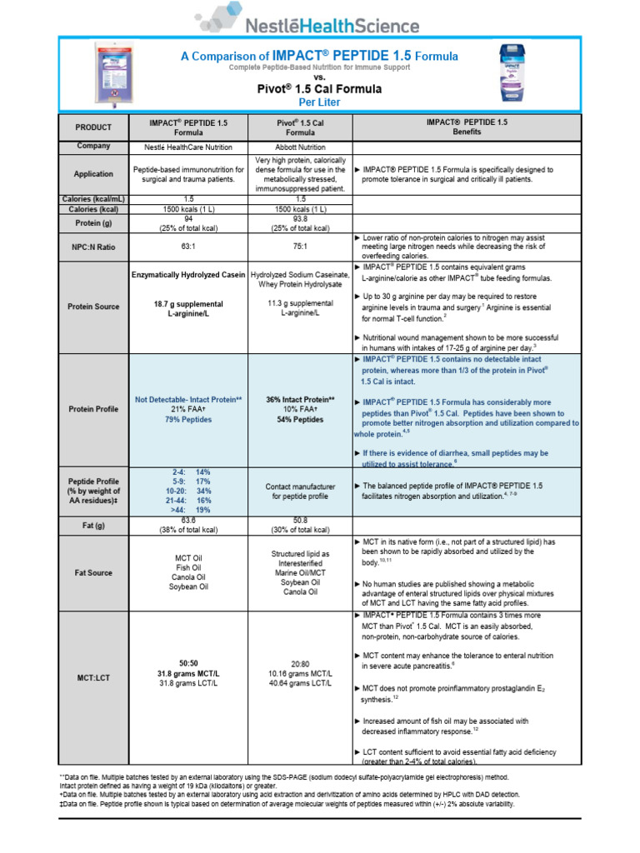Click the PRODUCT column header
[x=93, y=127]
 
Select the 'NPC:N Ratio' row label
[x=93, y=247]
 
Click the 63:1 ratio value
[x=187, y=247]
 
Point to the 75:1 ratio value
[x=301, y=247]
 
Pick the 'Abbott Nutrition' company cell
[x=301, y=146]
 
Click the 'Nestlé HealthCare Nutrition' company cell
[x=187, y=146]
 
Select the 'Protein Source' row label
[x=93, y=307]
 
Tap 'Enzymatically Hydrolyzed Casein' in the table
[x=187, y=274]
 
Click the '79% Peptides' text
[x=187, y=420]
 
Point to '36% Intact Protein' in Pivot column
[x=301, y=400]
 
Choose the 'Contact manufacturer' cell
[x=301, y=486]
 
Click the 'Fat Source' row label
[x=93, y=573]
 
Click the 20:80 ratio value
[x=301, y=663]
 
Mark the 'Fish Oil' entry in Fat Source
[x=187, y=567]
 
